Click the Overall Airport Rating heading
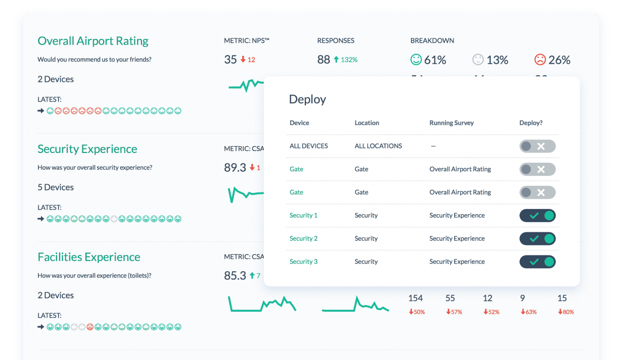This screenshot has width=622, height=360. tap(93, 41)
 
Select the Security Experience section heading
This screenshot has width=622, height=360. tap(87, 149)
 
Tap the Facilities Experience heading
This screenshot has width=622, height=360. tap(89, 257)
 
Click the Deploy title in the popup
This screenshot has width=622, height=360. tap(307, 99)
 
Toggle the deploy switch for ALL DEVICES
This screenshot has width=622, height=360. tap(538, 146)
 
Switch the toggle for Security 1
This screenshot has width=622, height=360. tap(538, 215)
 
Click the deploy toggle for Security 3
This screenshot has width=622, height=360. tap(538, 261)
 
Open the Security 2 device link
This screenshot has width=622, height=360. tap(303, 239)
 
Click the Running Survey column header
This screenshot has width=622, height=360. tap(451, 123)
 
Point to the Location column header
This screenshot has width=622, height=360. tap(366, 123)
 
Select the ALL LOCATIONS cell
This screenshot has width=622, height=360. tap(378, 146)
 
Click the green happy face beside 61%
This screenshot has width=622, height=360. tap(416, 60)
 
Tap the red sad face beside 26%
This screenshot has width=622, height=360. tap(540, 60)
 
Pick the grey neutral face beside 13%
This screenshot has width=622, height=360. tap(478, 60)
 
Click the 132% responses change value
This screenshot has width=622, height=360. tap(349, 60)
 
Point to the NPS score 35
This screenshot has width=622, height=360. tap(230, 60)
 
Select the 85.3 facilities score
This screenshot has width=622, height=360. tap(235, 275)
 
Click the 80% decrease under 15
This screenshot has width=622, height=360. tap(566, 312)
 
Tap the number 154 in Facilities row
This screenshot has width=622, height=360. tap(416, 298)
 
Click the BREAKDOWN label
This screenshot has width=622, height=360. tap(432, 40)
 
